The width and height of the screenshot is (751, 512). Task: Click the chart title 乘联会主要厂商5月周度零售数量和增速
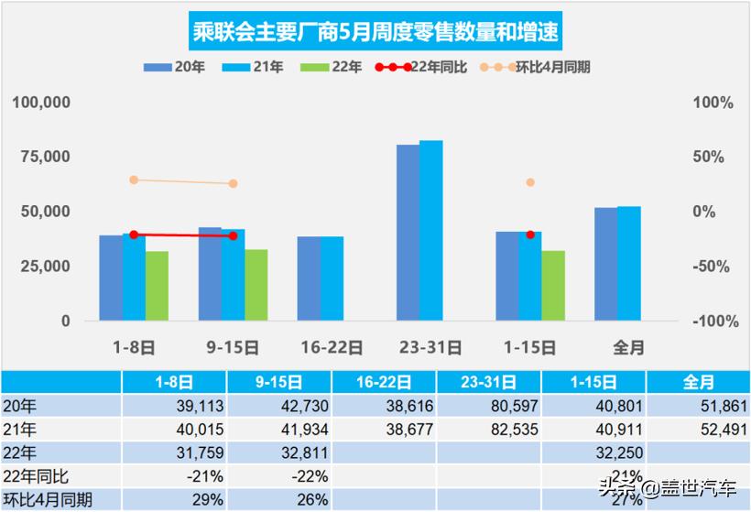point(375,33)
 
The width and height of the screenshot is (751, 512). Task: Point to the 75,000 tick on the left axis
point(41,157)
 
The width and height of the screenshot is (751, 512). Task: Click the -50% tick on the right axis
point(713,267)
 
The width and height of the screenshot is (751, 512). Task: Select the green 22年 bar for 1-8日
point(157,286)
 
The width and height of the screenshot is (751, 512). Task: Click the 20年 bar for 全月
point(605,264)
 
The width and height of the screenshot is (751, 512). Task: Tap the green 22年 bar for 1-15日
point(553,285)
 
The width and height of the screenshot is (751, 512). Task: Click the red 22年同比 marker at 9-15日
point(233,235)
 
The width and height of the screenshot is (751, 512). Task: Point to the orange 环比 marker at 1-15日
point(530,182)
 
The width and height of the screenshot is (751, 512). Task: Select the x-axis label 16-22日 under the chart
point(332,348)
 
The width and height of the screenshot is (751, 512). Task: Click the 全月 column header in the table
point(698,381)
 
